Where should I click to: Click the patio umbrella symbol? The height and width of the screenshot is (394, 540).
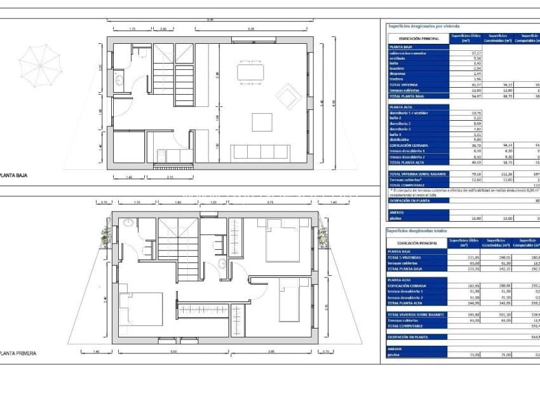tap(39, 64)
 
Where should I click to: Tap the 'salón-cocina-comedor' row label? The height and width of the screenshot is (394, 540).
tap(408, 53)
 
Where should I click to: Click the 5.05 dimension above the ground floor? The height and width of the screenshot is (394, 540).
tap(251, 29)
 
